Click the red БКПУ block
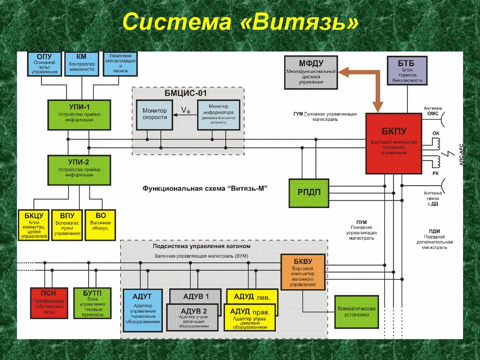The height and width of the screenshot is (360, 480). click(393, 143)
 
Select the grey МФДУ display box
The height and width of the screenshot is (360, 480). click(311, 72)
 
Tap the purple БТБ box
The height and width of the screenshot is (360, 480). click(407, 70)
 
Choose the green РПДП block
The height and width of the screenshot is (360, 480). click(308, 193)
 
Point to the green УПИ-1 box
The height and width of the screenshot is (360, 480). click(79, 115)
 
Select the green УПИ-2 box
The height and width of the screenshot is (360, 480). click(79, 170)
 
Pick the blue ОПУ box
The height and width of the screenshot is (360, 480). click(44, 64)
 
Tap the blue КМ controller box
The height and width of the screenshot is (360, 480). click(82, 64)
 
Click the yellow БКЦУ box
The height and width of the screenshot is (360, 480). click(34, 225)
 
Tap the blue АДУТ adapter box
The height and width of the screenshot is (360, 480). click(142, 310)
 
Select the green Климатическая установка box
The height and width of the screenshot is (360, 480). click(357, 312)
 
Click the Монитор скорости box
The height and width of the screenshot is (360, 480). click(155, 114)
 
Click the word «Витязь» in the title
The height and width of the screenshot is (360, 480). click(300, 23)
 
